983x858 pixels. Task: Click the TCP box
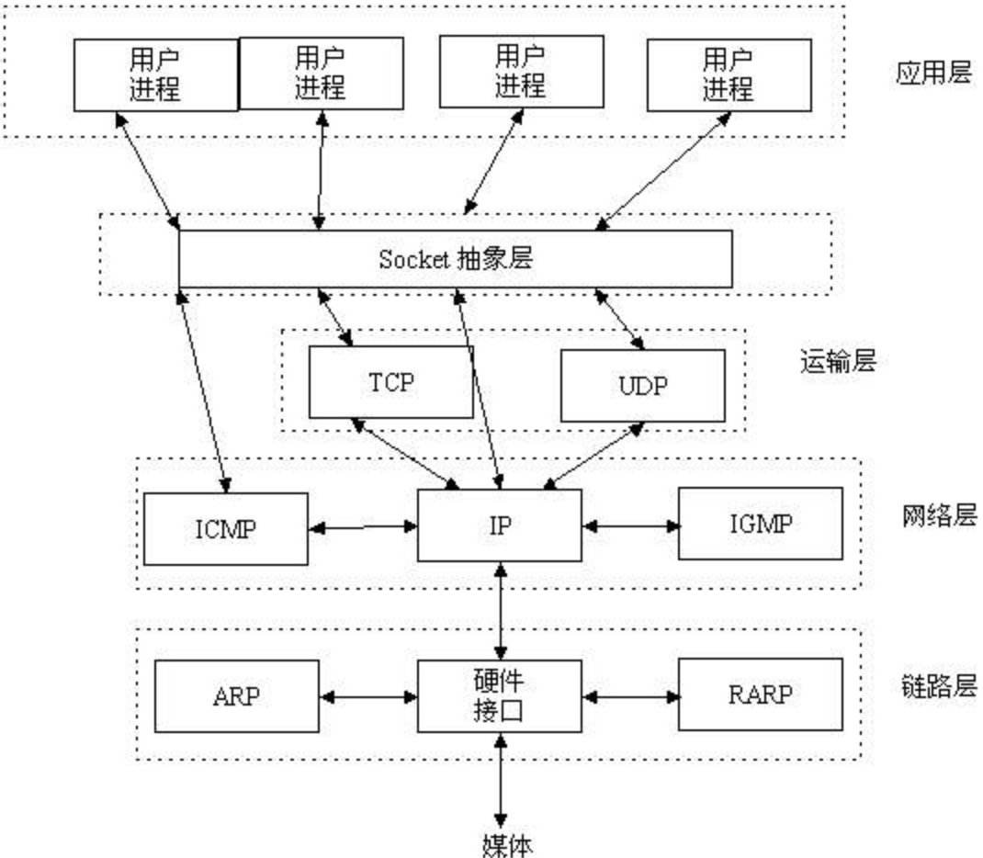[390, 382]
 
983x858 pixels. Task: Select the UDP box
[642, 385]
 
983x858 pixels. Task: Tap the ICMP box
[225, 528]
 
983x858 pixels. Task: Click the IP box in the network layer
[499, 525]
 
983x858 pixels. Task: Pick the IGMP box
[760, 524]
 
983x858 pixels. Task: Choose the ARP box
[236, 695]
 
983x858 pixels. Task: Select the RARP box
[760, 695]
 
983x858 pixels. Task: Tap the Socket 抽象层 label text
[455, 259]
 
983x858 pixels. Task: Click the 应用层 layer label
[932, 73]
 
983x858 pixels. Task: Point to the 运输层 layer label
[838, 361]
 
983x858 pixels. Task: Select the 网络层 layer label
[937, 515]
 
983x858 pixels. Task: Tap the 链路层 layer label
[937, 686]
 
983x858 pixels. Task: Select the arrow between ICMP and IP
[363, 527]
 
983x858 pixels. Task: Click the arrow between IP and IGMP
[630, 526]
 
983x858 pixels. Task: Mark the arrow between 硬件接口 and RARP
[630, 697]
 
